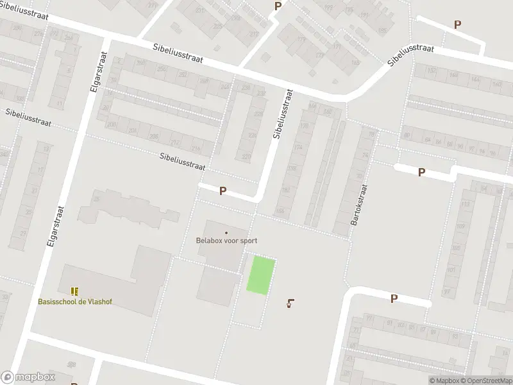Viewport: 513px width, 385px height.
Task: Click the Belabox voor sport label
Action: (x=226, y=241)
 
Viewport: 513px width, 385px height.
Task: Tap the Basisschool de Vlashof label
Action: (x=74, y=302)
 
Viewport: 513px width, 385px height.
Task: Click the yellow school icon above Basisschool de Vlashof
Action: (x=75, y=291)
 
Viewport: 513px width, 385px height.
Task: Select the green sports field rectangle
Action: (x=262, y=276)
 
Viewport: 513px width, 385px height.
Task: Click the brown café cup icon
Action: (x=291, y=303)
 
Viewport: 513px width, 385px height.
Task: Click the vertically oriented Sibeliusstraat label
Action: (x=283, y=114)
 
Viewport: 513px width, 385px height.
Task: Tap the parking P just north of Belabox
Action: (x=223, y=191)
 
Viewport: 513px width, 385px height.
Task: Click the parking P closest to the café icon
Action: (x=394, y=298)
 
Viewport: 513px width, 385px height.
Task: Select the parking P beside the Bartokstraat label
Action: (x=421, y=172)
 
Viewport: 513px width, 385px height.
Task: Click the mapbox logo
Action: (x=28, y=377)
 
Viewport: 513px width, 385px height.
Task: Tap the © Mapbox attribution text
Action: (x=443, y=381)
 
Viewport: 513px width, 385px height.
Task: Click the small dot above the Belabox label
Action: (x=226, y=232)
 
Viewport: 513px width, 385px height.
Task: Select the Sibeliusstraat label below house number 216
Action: (x=182, y=161)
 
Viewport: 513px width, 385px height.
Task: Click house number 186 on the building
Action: (x=280, y=210)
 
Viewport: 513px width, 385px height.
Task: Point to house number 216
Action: (x=195, y=149)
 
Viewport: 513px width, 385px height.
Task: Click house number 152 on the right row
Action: (x=431, y=71)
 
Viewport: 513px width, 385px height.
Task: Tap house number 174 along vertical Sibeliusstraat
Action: (x=297, y=147)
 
